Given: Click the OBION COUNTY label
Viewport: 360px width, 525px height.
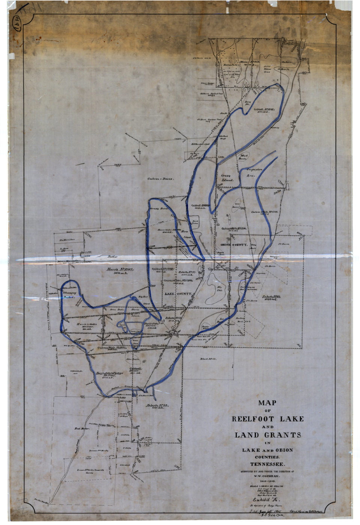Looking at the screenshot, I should [234, 244].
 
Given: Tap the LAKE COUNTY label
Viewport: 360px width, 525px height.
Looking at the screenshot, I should [178, 294].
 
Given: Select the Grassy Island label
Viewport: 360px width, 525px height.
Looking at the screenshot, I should [227, 178].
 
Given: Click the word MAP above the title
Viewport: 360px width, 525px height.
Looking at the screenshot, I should [267, 403].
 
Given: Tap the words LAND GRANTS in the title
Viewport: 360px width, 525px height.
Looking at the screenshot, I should [268, 435].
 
